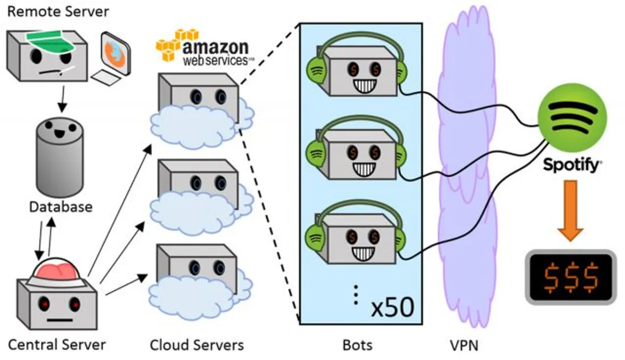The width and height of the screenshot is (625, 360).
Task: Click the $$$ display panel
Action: coord(570,276)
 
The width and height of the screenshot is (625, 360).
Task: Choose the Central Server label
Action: coord(57,344)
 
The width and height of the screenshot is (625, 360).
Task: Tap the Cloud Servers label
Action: coord(197,344)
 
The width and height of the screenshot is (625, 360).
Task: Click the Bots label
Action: coord(359,344)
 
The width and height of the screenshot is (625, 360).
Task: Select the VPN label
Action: coord(464,344)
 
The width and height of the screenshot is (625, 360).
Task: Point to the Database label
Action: coord(60,206)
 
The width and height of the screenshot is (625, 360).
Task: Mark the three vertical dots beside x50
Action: coord(356,294)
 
